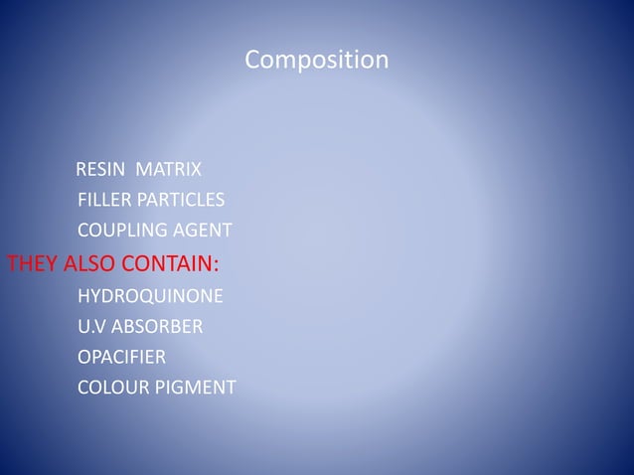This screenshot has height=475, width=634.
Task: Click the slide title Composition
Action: pyautogui.click(x=316, y=62)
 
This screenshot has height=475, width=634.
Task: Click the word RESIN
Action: pyautogui.click(x=101, y=165)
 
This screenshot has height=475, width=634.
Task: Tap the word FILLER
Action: pyautogui.click(x=103, y=198)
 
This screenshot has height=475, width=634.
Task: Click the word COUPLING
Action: pyautogui.click(x=122, y=232)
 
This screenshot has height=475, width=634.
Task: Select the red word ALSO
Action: pyautogui.click(x=89, y=264)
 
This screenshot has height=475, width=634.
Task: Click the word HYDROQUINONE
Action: pyautogui.click(x=150, y=297)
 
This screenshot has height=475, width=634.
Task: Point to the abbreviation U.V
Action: pyautogui.click(x=91, y=326)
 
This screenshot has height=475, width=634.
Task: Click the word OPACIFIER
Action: pyautogui.click(x=121, y=356)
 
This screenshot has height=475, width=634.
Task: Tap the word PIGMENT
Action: pyautogui.click(x=198, y=386)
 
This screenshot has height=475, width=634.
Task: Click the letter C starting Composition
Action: pyautogui.click(x=252, y=62)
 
